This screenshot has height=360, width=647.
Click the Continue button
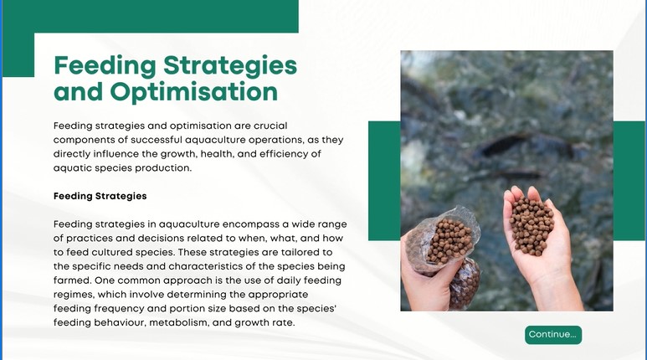pos(553,334)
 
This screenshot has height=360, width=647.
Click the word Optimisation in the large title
pos(194,91)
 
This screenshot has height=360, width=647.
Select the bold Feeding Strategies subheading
pos(100,196)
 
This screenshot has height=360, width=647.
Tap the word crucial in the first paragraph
pos(270,126)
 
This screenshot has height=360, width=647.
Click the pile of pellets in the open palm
pos(531,226)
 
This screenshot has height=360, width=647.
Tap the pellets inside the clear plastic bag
pos(449,241)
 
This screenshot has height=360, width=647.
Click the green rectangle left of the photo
pos(384,181)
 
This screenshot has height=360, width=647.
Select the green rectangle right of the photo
pos(629,181)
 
